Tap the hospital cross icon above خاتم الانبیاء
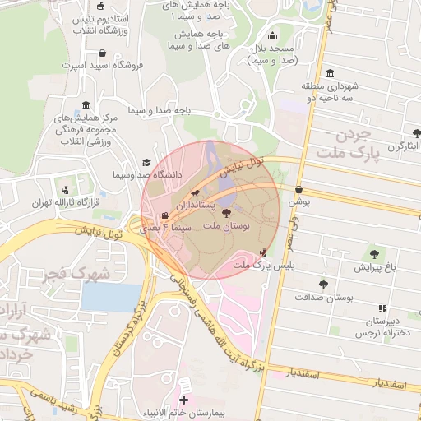tap(183, 400)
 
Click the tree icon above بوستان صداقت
tap(322, 284)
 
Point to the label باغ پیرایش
tap(375, 267)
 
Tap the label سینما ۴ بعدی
tap(167, 225)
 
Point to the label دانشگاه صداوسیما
tap(185, 174)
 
